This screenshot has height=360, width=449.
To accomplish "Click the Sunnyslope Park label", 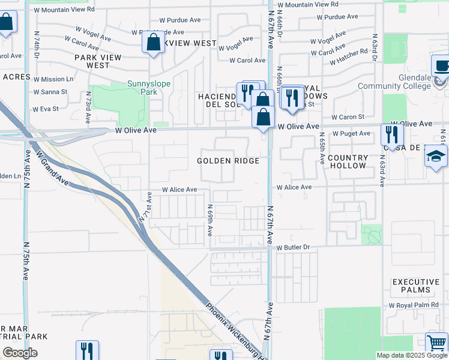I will coord(142,88).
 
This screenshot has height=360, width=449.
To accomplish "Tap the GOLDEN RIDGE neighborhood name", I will coord(228,161).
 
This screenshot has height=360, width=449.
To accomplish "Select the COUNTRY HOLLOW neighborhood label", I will coord(347,161).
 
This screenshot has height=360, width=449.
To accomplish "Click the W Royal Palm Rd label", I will coord(414,305).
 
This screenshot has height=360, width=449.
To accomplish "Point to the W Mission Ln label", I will coord(53,79).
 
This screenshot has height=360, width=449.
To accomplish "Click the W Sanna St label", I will coord(50,92).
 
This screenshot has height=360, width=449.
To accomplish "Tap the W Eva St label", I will coord(46,109).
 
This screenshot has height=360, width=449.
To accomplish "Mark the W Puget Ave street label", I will coord(351,133).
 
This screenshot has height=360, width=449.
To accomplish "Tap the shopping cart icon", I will coord(436,343).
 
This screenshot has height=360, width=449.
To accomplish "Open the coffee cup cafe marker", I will coord(441,66).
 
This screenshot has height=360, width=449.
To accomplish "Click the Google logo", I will coord(20,353).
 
